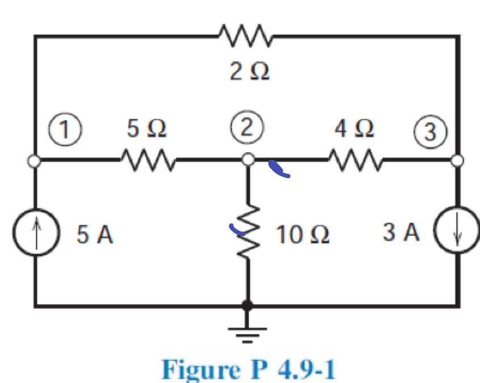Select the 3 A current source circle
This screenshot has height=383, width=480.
[457, 234]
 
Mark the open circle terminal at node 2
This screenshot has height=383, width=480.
[248, 161]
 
